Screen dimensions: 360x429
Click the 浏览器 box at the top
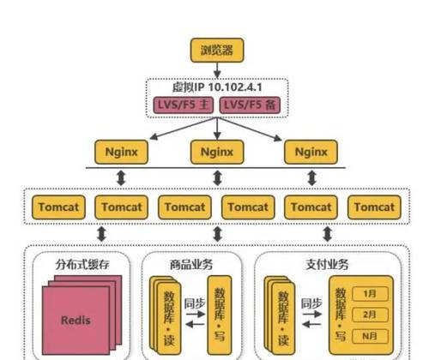216,50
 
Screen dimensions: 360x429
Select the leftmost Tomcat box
58,207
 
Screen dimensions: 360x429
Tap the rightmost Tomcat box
374,207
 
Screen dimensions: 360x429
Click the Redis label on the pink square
76,321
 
